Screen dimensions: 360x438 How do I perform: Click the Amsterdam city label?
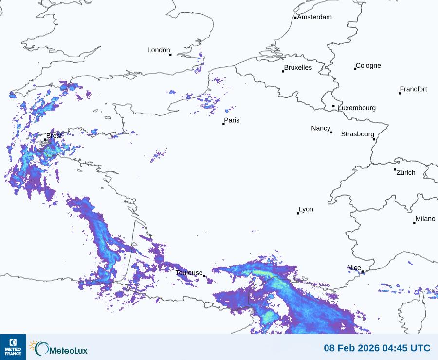[314, 17]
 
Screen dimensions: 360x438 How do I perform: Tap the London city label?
[159, 50]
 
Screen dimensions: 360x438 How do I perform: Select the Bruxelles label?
[298, 68]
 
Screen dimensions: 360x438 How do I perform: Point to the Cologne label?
[368, 66]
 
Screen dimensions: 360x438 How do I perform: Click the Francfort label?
[414, 89]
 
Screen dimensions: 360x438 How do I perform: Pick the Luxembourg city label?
[357, 108]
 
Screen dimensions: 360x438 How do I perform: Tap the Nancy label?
[321, 128]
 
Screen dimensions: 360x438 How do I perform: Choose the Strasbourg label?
[358, 134]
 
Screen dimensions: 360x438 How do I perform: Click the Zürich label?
[406, 172]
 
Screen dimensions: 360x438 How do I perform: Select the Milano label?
[425, 219]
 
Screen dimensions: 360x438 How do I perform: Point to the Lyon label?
[306, 209]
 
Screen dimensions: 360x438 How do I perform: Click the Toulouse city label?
[189, 273]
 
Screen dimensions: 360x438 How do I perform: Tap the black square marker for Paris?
[224, 124]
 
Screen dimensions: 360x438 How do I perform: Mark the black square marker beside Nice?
[363, 272]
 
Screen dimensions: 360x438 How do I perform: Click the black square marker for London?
[170, 55]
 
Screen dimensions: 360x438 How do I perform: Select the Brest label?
[55, 136]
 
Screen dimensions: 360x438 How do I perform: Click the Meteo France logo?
[13, 347]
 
